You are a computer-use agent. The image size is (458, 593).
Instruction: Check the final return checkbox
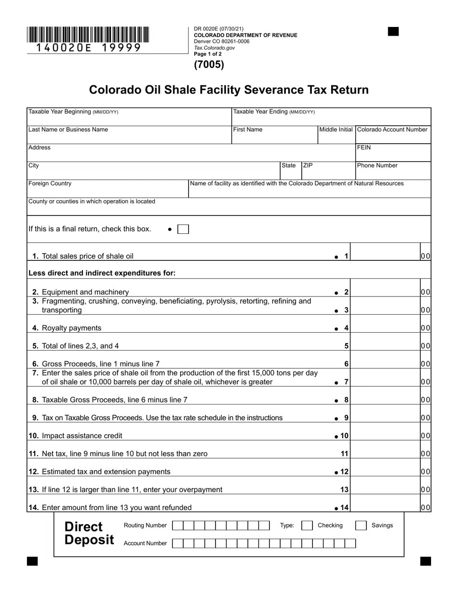coord(183,229)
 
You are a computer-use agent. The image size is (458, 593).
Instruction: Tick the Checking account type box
coord(307,526)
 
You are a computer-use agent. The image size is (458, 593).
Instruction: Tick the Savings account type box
coord(361,526)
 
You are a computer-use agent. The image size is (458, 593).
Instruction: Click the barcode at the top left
coord(88,35)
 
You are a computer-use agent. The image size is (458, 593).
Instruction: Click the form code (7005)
coord(209,65)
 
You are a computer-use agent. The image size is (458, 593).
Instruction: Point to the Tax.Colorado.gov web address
coord(214,48)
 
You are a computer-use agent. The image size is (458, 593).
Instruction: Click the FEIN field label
coord(364,148)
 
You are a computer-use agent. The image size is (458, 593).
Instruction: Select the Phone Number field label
coord(377,165)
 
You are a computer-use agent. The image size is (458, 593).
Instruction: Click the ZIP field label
coord(308,165)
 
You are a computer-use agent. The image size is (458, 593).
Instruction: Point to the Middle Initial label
coord(336,130)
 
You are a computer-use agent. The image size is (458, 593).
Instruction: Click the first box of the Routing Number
coord(177,526)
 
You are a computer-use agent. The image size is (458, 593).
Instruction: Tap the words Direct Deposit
coord(89,533)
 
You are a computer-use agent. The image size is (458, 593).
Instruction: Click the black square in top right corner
coord(393,32)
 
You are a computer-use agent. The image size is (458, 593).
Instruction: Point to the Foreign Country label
coord(50,183)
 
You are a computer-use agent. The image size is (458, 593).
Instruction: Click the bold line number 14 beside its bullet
coord(344,507)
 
